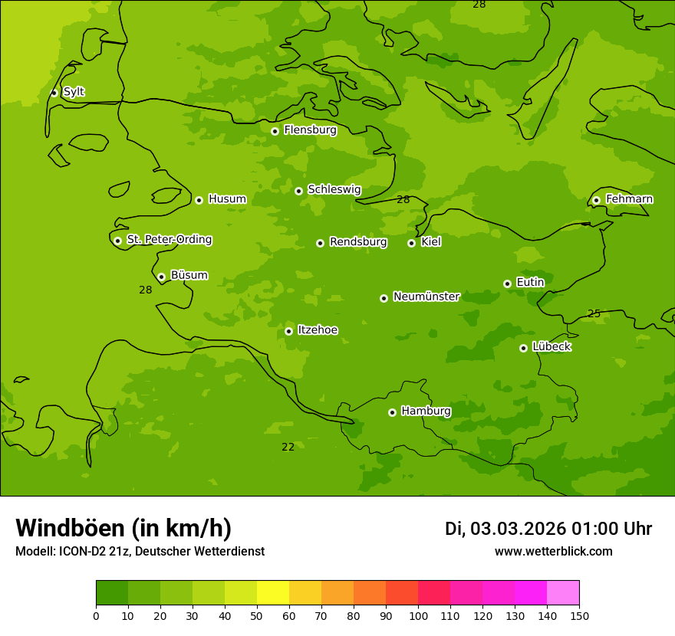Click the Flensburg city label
pyautogui.click(x=310, y=130)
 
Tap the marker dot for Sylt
pyautogui.click(x=54, y=93)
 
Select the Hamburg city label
pyautogui.click(x=426, y=411)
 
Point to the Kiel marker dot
pyautogui.click(x=411, y=243)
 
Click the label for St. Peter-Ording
pyautogui.click(x=169, y=240)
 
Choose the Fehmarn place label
pyautogui.click(x=629, y=199)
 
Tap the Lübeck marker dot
pyautogui.click(x=523, y=348)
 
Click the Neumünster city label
pyautogui.click(x=426, y=297)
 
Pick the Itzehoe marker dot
pyautogui.click(x=288, y=331)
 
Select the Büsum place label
pyautogui.click(x=189, y=275)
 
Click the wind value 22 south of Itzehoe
pyautogui.click(x=288, y=447)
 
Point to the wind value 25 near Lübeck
pyautogui.click(x=594, y=313)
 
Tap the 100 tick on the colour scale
pyautogui.click(x=418, y=615)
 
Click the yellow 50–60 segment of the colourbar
pyautogui.click(x=273, y=593)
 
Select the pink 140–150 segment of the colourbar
pyautogui.click(x=563, y=593)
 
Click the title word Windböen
pyautogui.click(x=69, y=528)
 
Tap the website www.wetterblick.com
pyautogui.click(x=553, y=551)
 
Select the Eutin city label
pyautogui.click(x=530, y=283)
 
